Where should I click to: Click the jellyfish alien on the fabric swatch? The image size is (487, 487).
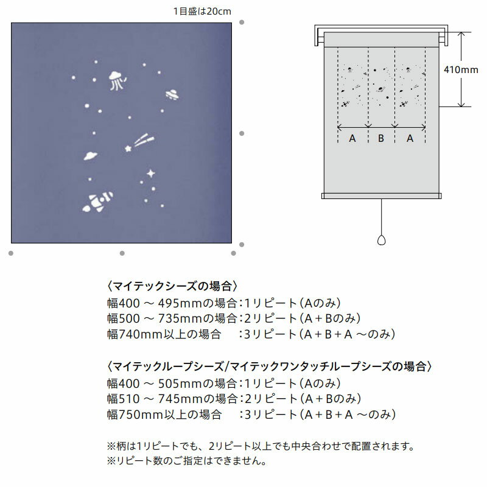(x=117, y=81)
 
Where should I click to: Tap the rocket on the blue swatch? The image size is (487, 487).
(x=97, y=203)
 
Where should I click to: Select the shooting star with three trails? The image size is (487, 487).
(x=139, y=143)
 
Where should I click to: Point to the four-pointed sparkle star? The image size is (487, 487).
(x=150, y=173)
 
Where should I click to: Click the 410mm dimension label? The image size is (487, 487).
(x=461, y=69)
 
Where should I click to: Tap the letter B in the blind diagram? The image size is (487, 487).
(x=381, y=138)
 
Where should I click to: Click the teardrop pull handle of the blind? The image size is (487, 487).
(x=382, y=240)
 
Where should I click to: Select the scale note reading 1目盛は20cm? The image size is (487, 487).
(x=202, y=12)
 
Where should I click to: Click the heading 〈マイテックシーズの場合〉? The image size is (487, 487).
(x=172, y=286)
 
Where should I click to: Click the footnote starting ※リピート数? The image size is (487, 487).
(x=187, y=461)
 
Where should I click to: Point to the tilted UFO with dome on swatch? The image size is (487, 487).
(x=172, y=94)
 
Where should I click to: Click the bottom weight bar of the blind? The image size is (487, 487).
(x=382, y=196)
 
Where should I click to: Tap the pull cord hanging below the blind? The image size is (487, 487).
(x=382, y=217)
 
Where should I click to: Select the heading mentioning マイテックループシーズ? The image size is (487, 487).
(x=269, y=367)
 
